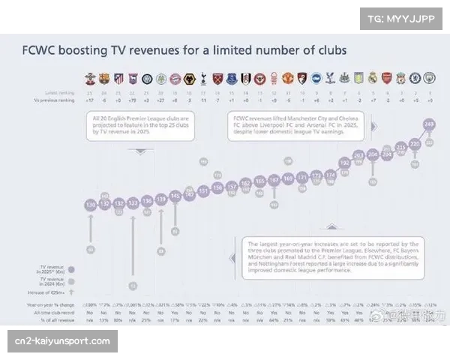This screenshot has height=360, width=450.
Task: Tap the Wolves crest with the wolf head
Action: coord(189,78)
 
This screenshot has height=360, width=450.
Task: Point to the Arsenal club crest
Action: coord(387,78)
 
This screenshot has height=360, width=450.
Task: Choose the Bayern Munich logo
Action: coord(175,78)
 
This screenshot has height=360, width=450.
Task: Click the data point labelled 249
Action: coord(429,124)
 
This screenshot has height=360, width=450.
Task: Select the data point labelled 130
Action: coord(90,204)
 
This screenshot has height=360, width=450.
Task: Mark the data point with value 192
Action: coord(344,162)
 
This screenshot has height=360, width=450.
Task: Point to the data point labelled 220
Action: coord(415,142)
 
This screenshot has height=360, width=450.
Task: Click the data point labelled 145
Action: coord(175,196)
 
